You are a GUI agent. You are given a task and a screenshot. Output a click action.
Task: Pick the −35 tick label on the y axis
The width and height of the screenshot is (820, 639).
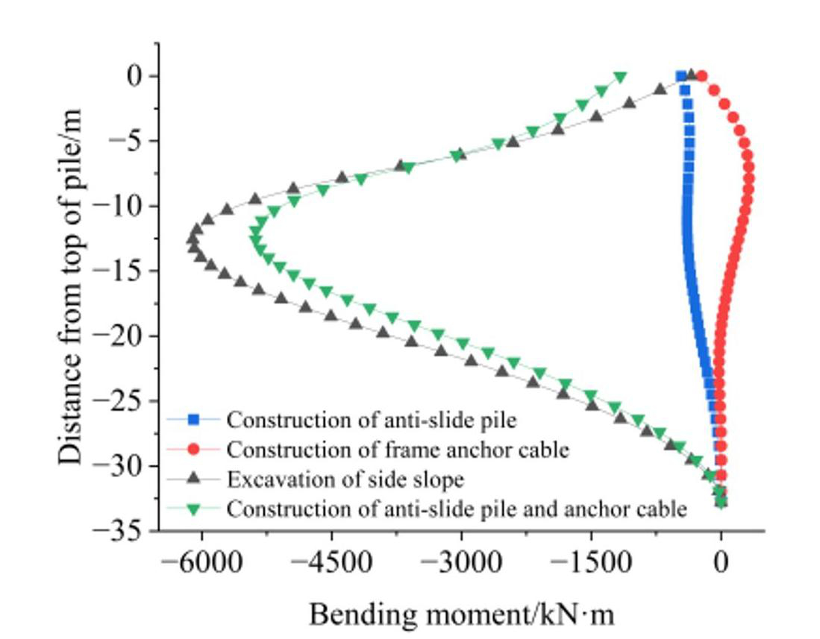(124, 531)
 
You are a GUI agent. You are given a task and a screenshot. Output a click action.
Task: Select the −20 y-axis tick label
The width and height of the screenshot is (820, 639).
(124, 336)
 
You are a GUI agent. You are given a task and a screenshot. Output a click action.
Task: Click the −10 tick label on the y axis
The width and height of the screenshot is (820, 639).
(124, 207)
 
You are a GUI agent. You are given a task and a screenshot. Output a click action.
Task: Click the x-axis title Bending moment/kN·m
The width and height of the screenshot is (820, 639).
(462, 615)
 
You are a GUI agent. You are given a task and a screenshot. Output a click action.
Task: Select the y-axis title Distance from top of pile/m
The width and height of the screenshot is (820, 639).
(70, 287)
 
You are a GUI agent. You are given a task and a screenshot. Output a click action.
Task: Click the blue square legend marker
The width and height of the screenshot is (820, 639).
(193, 420)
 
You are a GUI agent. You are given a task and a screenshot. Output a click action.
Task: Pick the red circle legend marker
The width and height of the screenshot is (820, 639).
(193, 450)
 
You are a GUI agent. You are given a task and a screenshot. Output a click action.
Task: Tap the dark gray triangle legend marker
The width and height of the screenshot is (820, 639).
(193, 479)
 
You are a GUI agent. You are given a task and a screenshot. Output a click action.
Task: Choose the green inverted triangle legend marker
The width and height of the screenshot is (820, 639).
(193, 509)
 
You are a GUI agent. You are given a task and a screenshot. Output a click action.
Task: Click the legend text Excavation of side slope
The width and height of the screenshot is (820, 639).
(345, 479)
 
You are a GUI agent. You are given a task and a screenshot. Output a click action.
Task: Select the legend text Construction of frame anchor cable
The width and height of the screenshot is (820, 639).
(398, 450)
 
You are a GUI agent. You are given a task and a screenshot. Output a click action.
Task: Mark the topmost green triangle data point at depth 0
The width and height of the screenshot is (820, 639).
(620, 78)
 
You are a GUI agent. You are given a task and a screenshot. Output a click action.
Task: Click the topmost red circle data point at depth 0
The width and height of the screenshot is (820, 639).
(701, 76)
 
